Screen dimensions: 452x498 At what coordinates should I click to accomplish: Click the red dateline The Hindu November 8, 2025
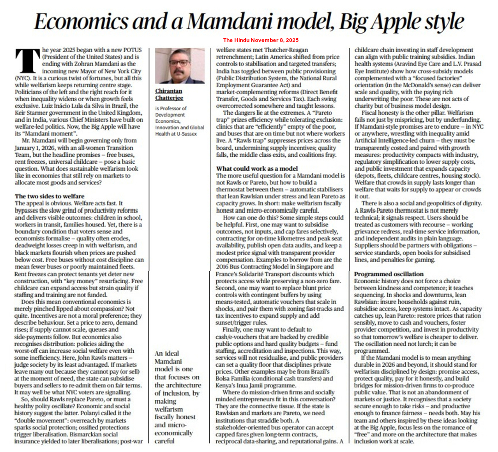coord(261,40)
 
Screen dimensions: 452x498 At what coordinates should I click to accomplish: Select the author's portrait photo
coord(179,65)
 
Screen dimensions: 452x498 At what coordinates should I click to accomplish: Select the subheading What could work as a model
coord(257,168)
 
